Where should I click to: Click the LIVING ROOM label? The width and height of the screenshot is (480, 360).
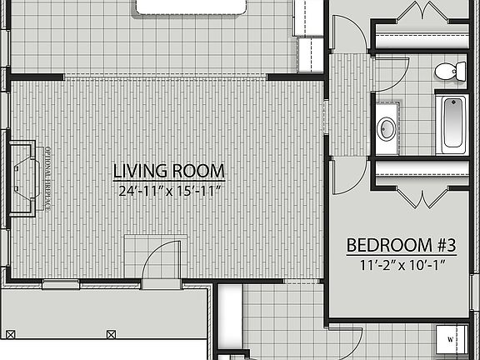tap(169, 172)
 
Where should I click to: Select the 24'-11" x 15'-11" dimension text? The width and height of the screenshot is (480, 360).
tap(169, 190)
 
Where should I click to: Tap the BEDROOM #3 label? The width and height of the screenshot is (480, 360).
tap(401, 246)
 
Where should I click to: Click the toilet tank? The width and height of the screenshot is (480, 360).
tap(462, 72)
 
